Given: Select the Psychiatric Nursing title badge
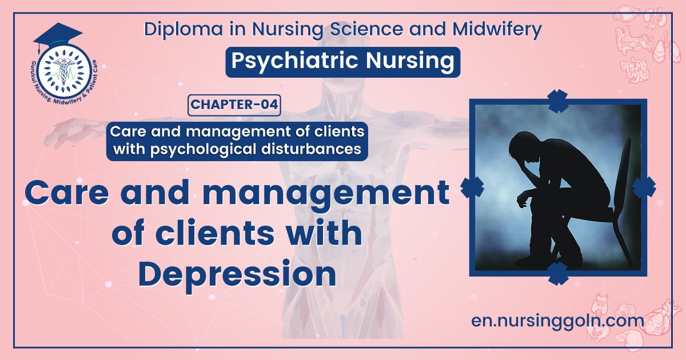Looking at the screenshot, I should pos(342,62).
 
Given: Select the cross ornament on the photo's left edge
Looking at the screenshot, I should pos(473,187).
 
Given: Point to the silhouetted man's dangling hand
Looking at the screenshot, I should pos(521,202).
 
